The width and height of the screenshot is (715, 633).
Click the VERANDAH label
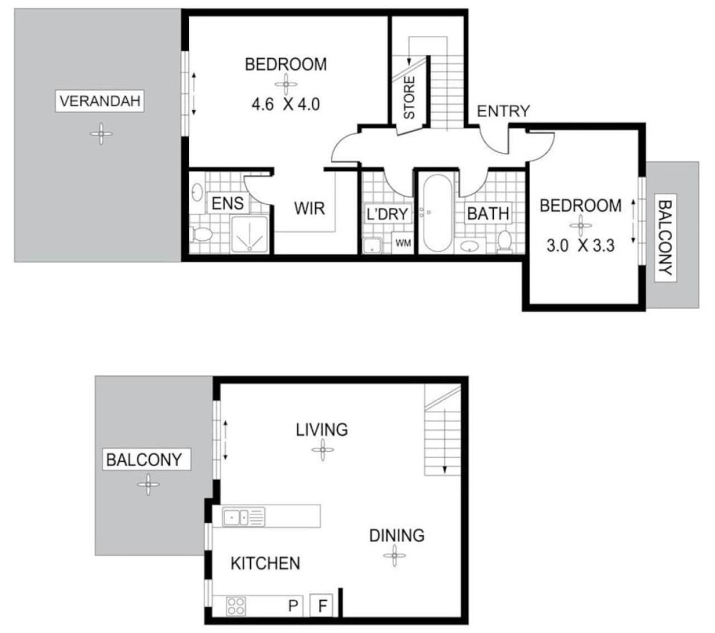click(100, 101)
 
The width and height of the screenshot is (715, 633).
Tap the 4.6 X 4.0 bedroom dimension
click(285, 104)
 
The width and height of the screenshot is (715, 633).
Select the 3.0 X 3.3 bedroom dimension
click(580, 246)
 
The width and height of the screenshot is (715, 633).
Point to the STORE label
click(409, 98)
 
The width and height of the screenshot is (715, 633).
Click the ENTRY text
click(503, 112)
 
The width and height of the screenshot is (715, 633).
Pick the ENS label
click(228, 204)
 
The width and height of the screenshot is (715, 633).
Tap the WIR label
click(309, 208)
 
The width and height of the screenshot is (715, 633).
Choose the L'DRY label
click(387, 214)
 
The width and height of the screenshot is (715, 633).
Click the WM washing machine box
click(402, 243)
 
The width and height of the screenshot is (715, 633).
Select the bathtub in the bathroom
click(437, 213)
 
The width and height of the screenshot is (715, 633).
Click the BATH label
click(488, 213)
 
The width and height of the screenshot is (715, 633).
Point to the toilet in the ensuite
click(201, 233)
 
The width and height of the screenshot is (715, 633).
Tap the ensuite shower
click(250, 234)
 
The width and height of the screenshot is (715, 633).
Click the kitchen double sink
click(244, 517)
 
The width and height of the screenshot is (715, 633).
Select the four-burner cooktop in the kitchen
click(236, 606)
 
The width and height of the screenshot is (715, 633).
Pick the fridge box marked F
click(321, 606)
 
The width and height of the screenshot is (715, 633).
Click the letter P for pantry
click(293, 606)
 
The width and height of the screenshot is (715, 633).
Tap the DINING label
click(397, 536)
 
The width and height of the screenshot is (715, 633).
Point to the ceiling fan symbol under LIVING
click(322, 449)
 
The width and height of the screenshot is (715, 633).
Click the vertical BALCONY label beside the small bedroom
click(665, 238)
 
